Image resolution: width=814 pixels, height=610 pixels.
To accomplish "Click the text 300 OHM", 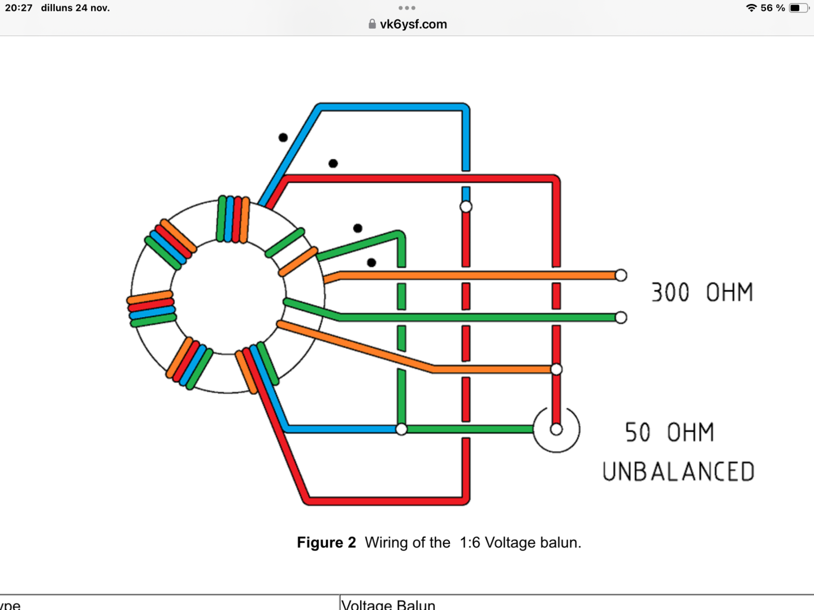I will pyautogui.click(x=702, y=292).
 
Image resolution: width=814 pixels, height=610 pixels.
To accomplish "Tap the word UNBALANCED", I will pyautogui.click(x=678, y=472).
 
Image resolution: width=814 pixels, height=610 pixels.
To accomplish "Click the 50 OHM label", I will pyautogui.click(x=669, y=433).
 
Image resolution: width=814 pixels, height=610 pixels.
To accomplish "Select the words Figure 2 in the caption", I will pyautogui.click(x=326, y=543).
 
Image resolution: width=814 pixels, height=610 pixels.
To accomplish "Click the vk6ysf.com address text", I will pyautogui.click(x=413, y=24).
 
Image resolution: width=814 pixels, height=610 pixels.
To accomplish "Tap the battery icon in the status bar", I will pyautogui.click(x=798, y=8).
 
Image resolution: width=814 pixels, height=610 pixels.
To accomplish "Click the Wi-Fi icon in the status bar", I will pyautogui.click(x=751, y=8).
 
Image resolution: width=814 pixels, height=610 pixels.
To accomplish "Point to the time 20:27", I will pyautogui.click(x=19, y=8).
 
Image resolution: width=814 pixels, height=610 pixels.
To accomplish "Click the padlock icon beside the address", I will pyautogui.click(x=372, y=24).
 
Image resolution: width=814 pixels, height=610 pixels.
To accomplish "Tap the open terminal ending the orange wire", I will pyautogui.click(x=621, y=276).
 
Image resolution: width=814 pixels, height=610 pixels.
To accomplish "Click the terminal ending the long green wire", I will pyautogui.click(x=621, y=317).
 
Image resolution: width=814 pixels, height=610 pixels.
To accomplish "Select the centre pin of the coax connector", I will pyautogui.click(x=556, y=429).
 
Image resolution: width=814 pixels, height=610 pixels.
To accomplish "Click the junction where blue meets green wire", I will pyautogui.click(x=401, y=429).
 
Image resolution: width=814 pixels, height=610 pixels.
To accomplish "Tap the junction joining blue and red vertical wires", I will pyautogui.click(x=466, y=207).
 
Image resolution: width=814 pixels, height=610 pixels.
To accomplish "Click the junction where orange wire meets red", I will pyautogui.click(x=556, y=369).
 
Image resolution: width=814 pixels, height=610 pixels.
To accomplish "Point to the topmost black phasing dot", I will pyautogui.click(x=283, y=137).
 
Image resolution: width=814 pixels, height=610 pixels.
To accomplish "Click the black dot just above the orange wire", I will pyautogui.click(x=371, y=263).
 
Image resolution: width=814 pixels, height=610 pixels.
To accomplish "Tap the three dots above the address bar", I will pyautogui.click(x=407, y=8).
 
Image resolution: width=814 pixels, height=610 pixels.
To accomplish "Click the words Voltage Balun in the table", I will pyautogui.click(x=388, y=604).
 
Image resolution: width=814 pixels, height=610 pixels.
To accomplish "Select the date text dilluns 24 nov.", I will pyautogui.click(x=75, y=8).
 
